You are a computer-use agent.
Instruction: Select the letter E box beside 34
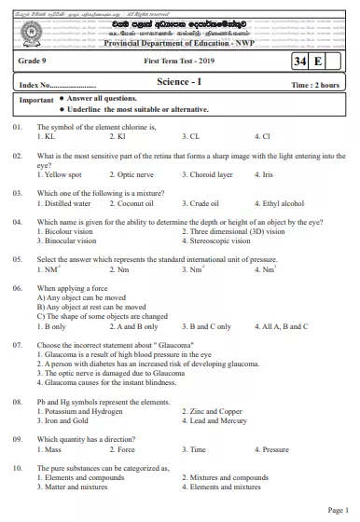coord(320,62)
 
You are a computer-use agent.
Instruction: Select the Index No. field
coord(56,84)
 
